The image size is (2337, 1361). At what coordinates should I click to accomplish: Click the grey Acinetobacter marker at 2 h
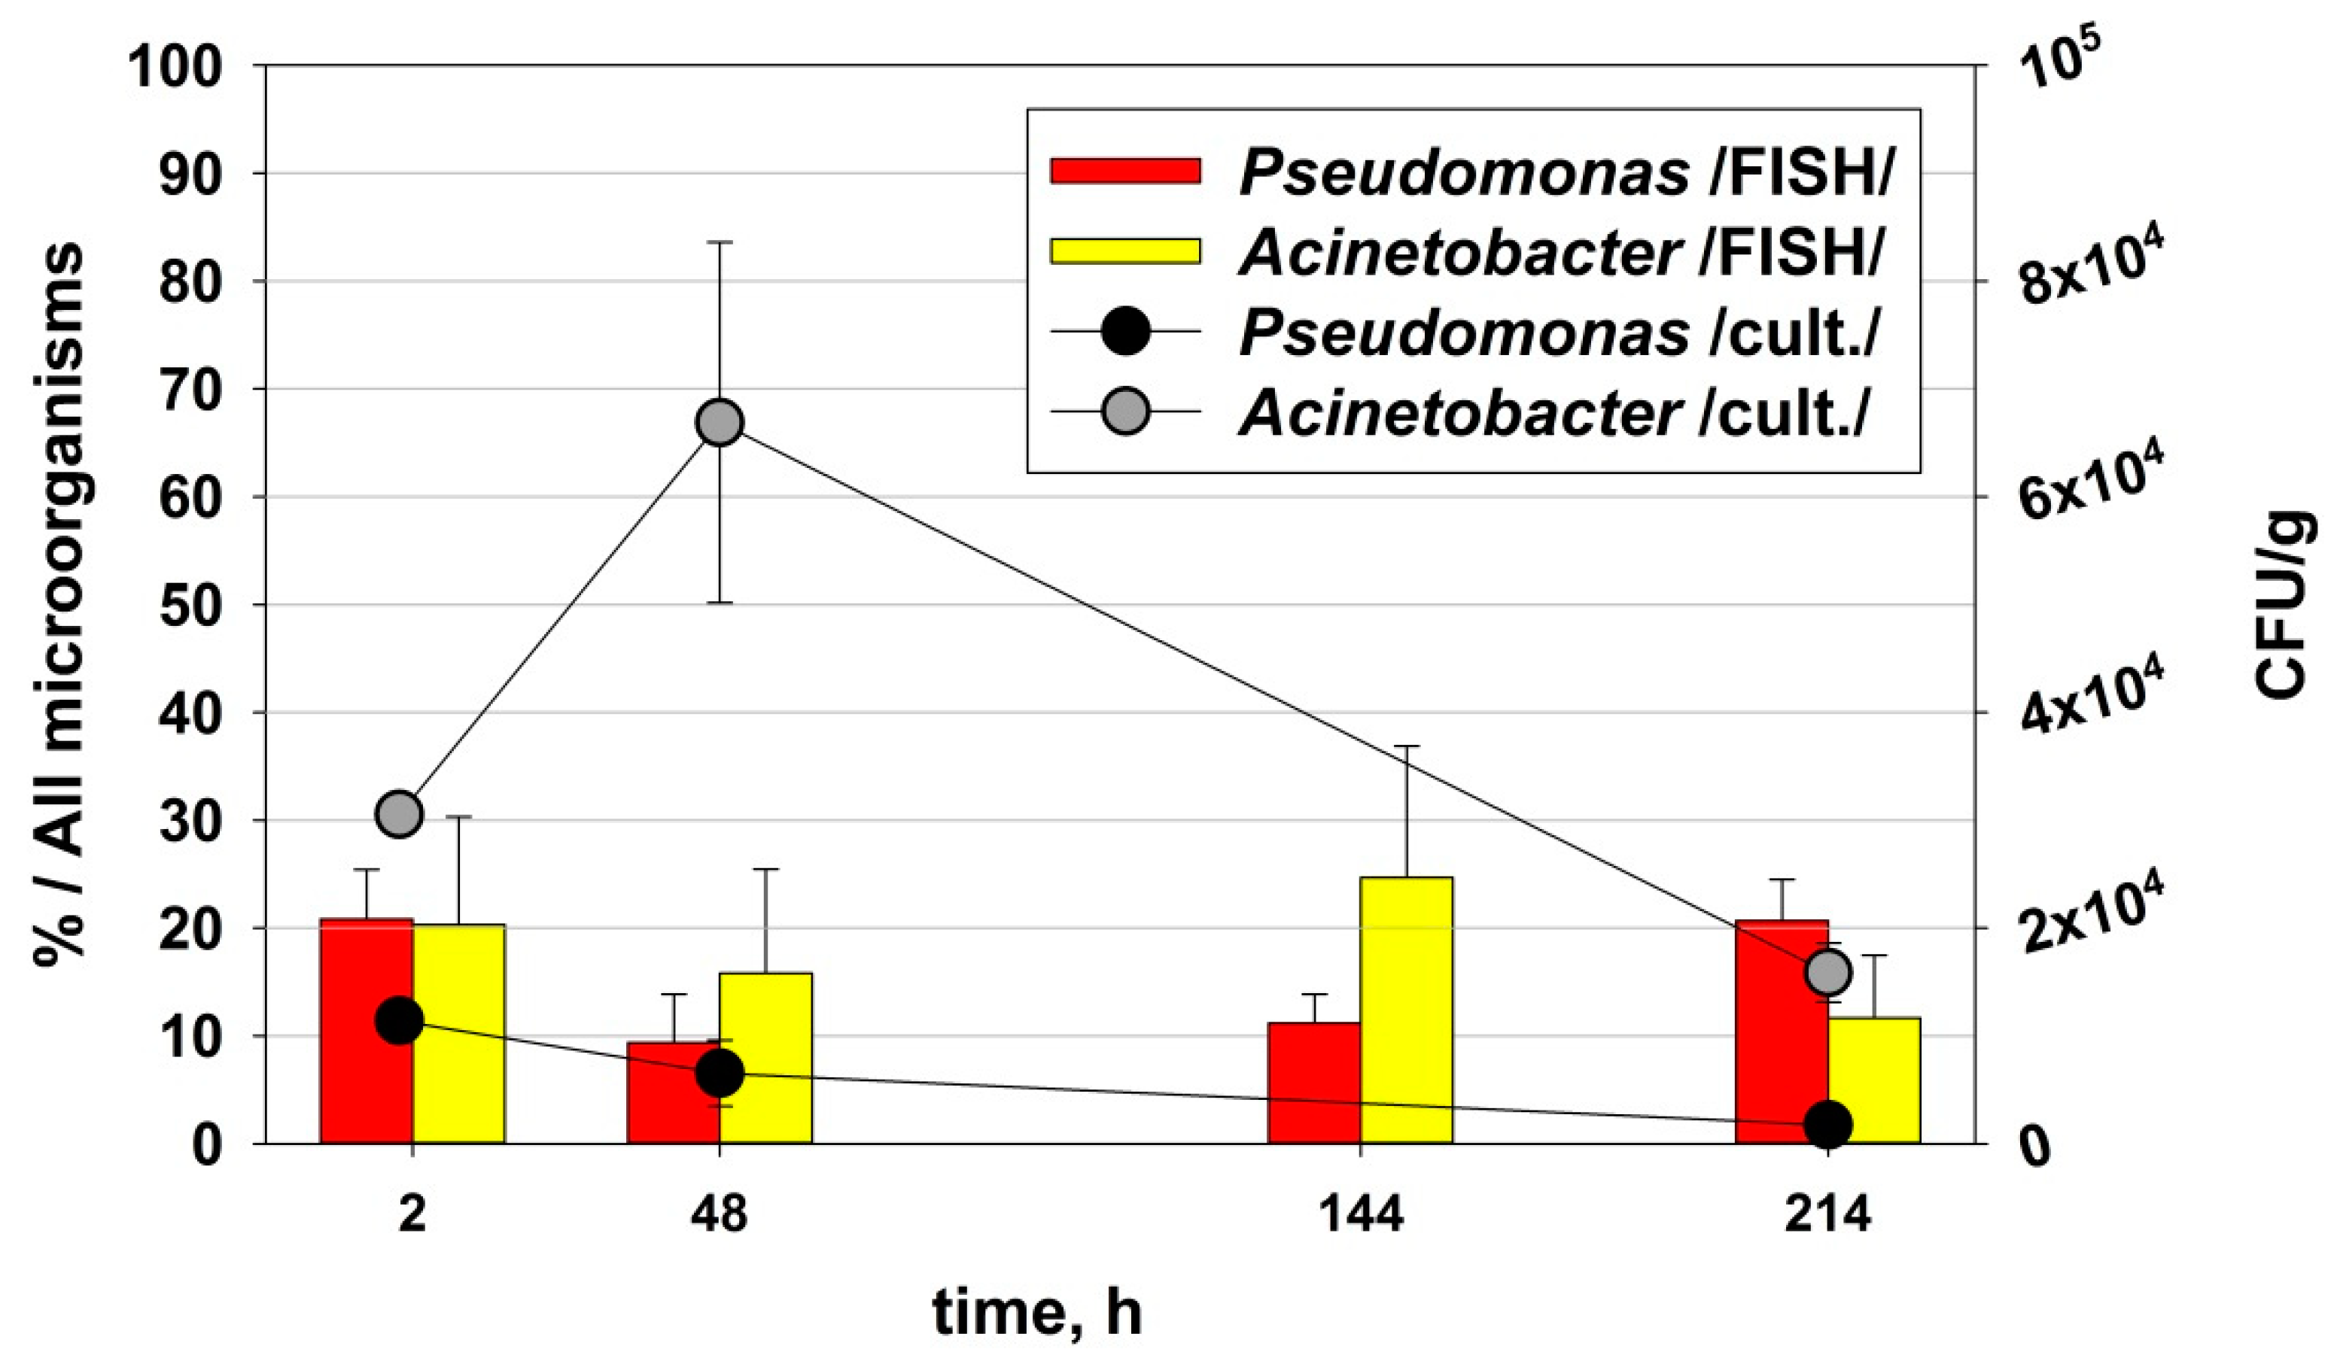click(x=400, y=815)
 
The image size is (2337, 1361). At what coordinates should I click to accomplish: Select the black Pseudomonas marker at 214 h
click(x=1828, y=1125)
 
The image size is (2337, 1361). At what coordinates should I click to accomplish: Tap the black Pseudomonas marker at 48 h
click(x=720, y=1074)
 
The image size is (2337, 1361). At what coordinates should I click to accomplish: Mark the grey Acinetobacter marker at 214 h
click(x=1828, y=973)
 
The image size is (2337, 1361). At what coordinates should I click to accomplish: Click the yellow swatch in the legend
click(x=1125, y=251)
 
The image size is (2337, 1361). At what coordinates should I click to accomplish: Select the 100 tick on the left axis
click(x=176, y=67)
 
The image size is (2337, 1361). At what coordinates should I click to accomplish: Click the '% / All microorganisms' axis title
click(x=60, y=603)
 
